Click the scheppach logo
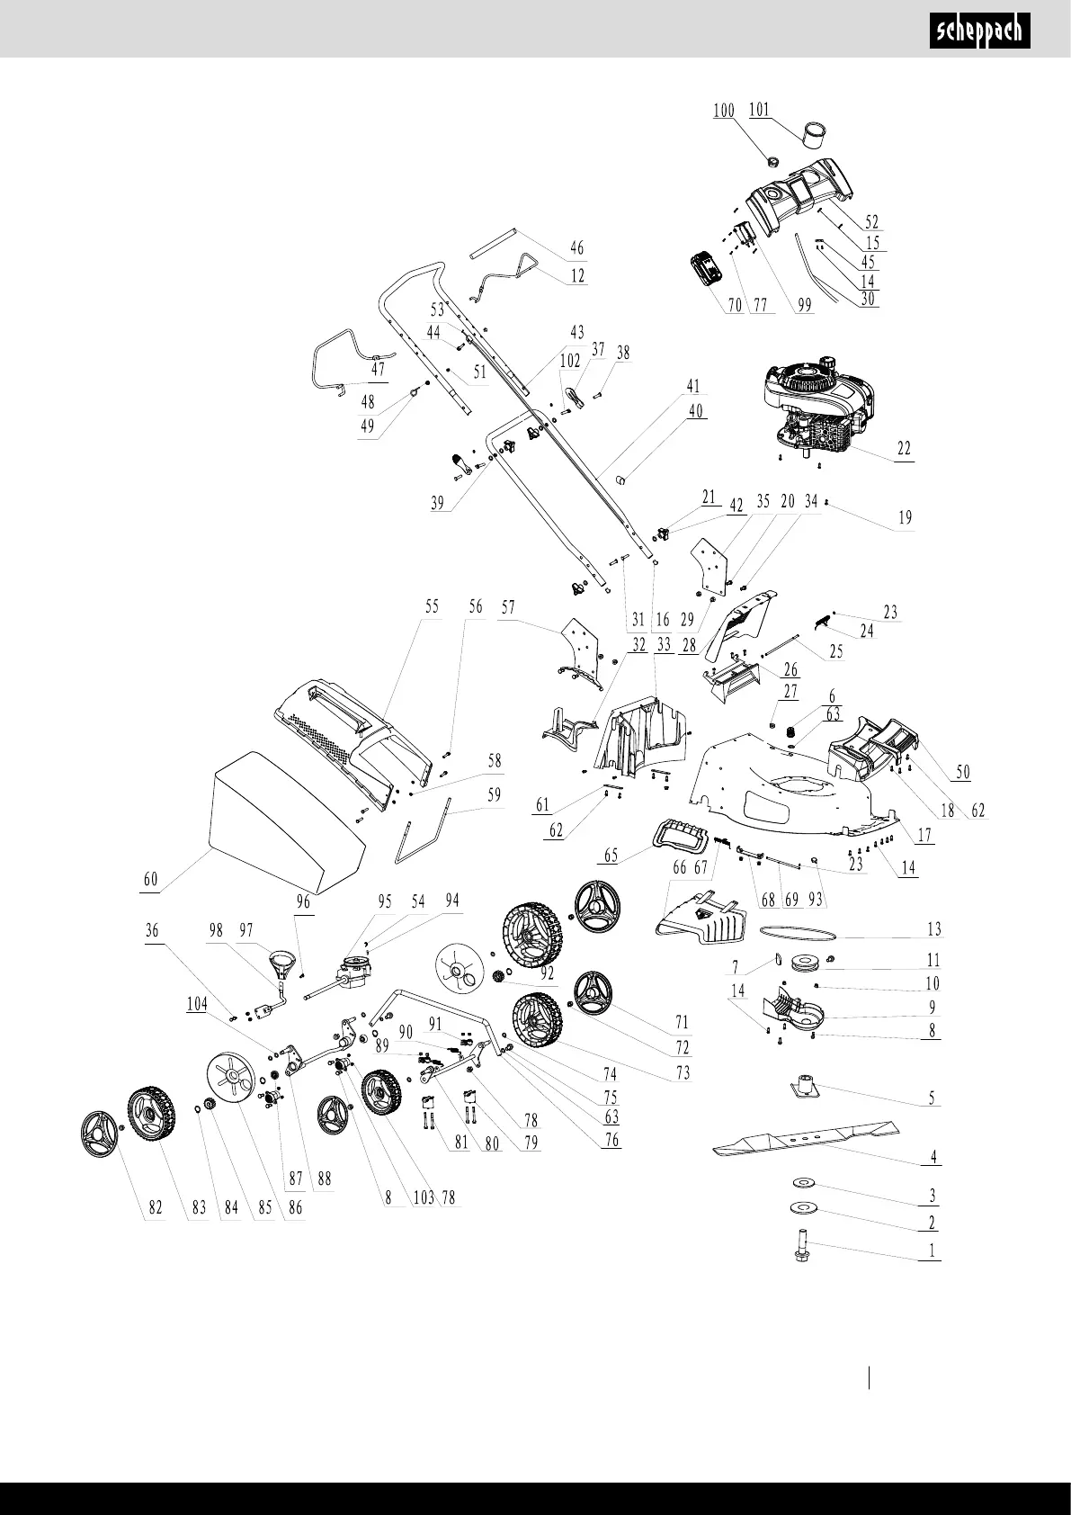(978, 32)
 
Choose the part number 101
(759, 111)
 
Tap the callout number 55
(432, 606)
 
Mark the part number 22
(904, 448)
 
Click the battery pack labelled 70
(707, 268)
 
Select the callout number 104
(196, 1003)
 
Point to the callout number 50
(963, 771)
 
